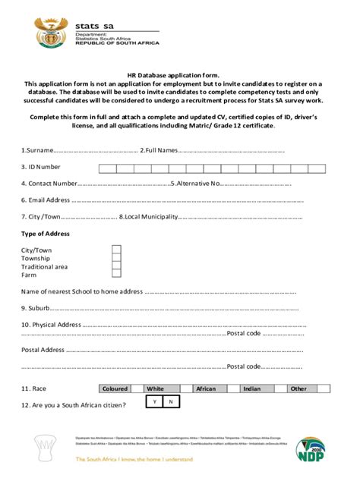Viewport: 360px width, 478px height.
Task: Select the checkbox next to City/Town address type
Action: (117, 250)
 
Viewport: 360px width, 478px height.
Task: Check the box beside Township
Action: (117, 258)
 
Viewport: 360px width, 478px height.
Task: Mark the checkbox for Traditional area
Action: (117, 266)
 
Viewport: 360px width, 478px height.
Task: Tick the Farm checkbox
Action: (117, 275)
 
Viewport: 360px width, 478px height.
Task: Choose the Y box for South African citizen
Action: (154, 401)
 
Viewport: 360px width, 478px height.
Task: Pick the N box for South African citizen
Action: (171, 401)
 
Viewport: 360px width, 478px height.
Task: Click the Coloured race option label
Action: (114, 388)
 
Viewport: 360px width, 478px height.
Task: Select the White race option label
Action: (156, 388)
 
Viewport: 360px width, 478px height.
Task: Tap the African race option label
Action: (206, 388)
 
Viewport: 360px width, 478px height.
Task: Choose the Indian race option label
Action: (251, 388)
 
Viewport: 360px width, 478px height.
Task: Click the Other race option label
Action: (298, 388)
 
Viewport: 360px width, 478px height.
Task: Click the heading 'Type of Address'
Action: (46, 234)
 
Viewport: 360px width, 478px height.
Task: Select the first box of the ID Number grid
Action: (106, 168)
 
